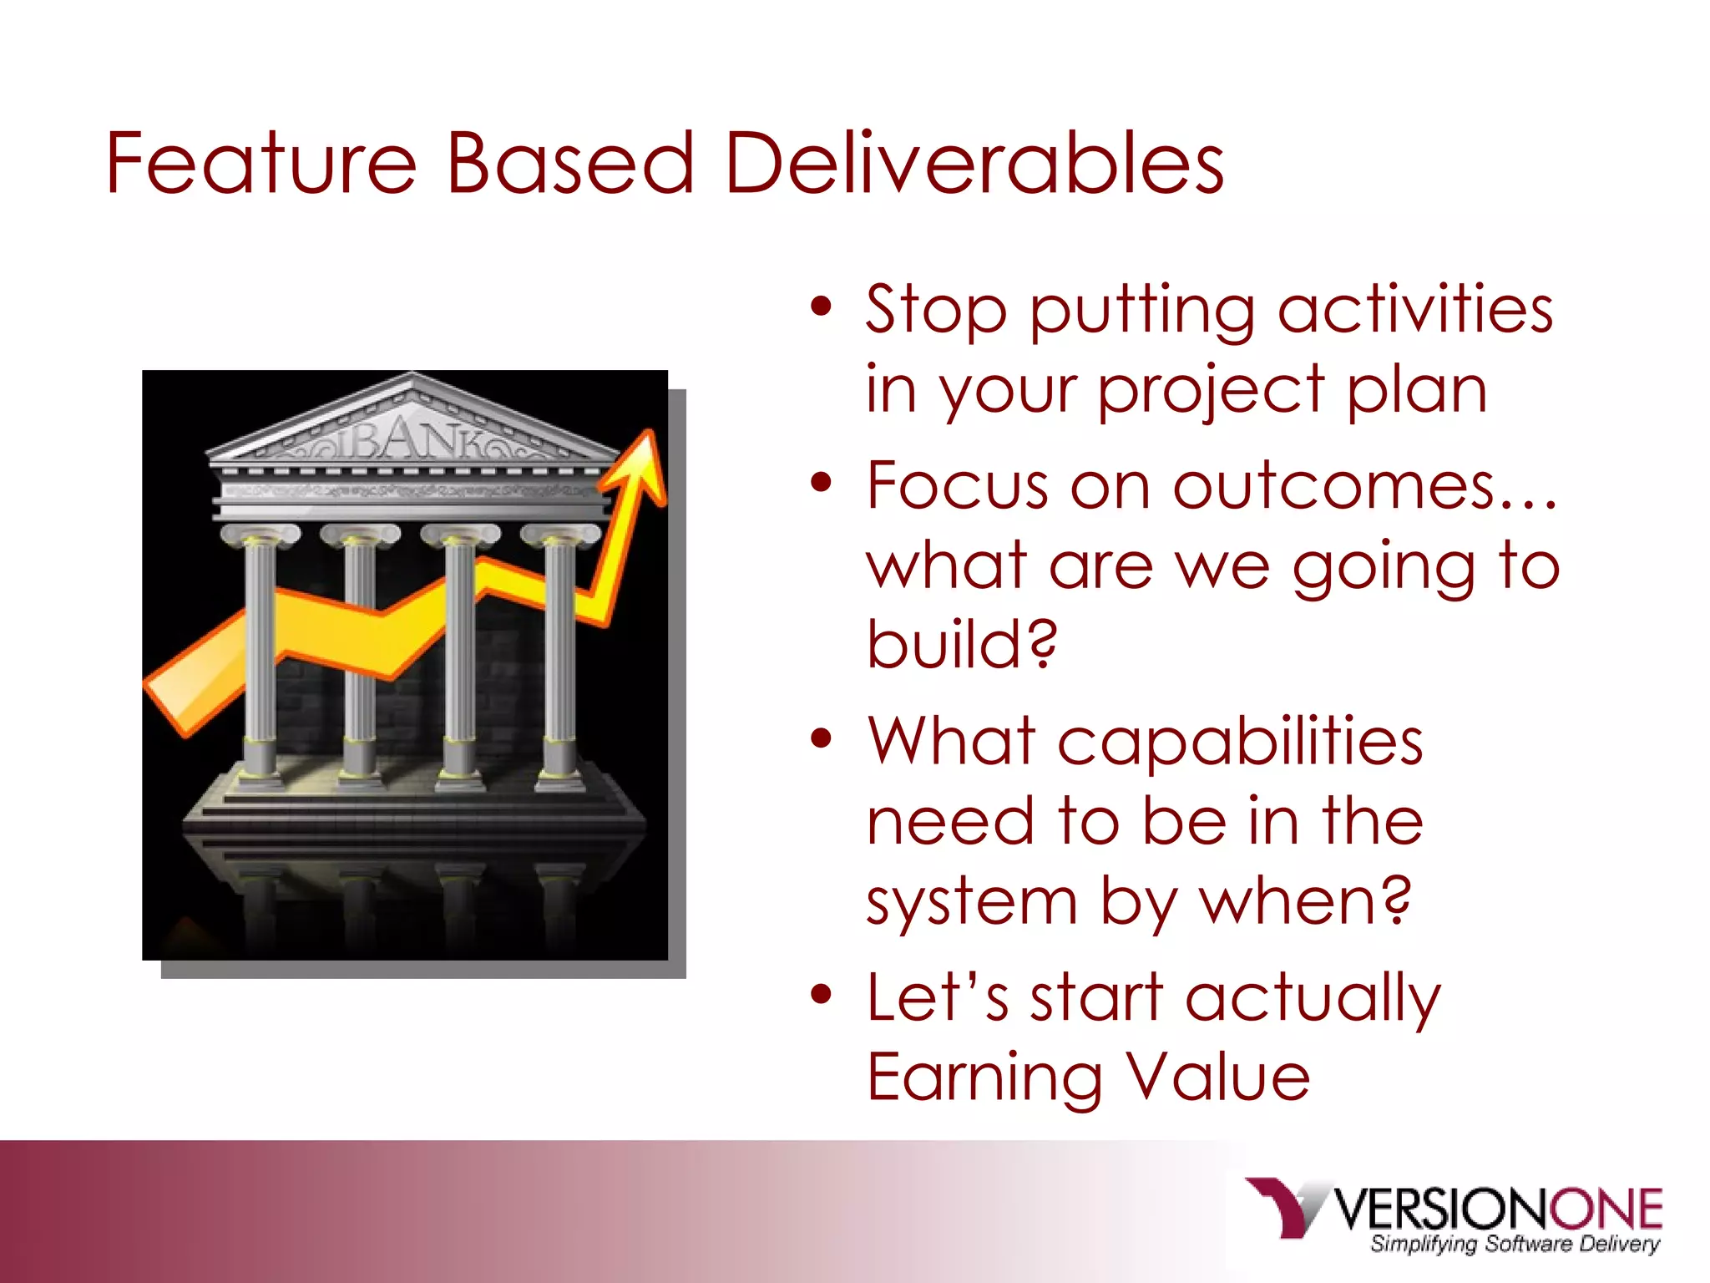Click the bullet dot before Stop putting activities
(822, 307)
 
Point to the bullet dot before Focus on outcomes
(822, 483)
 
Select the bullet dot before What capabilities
(822, 738)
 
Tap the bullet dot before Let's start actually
(822, 994)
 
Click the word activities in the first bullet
(1414, 309)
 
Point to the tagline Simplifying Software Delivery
(1515, 1244)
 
